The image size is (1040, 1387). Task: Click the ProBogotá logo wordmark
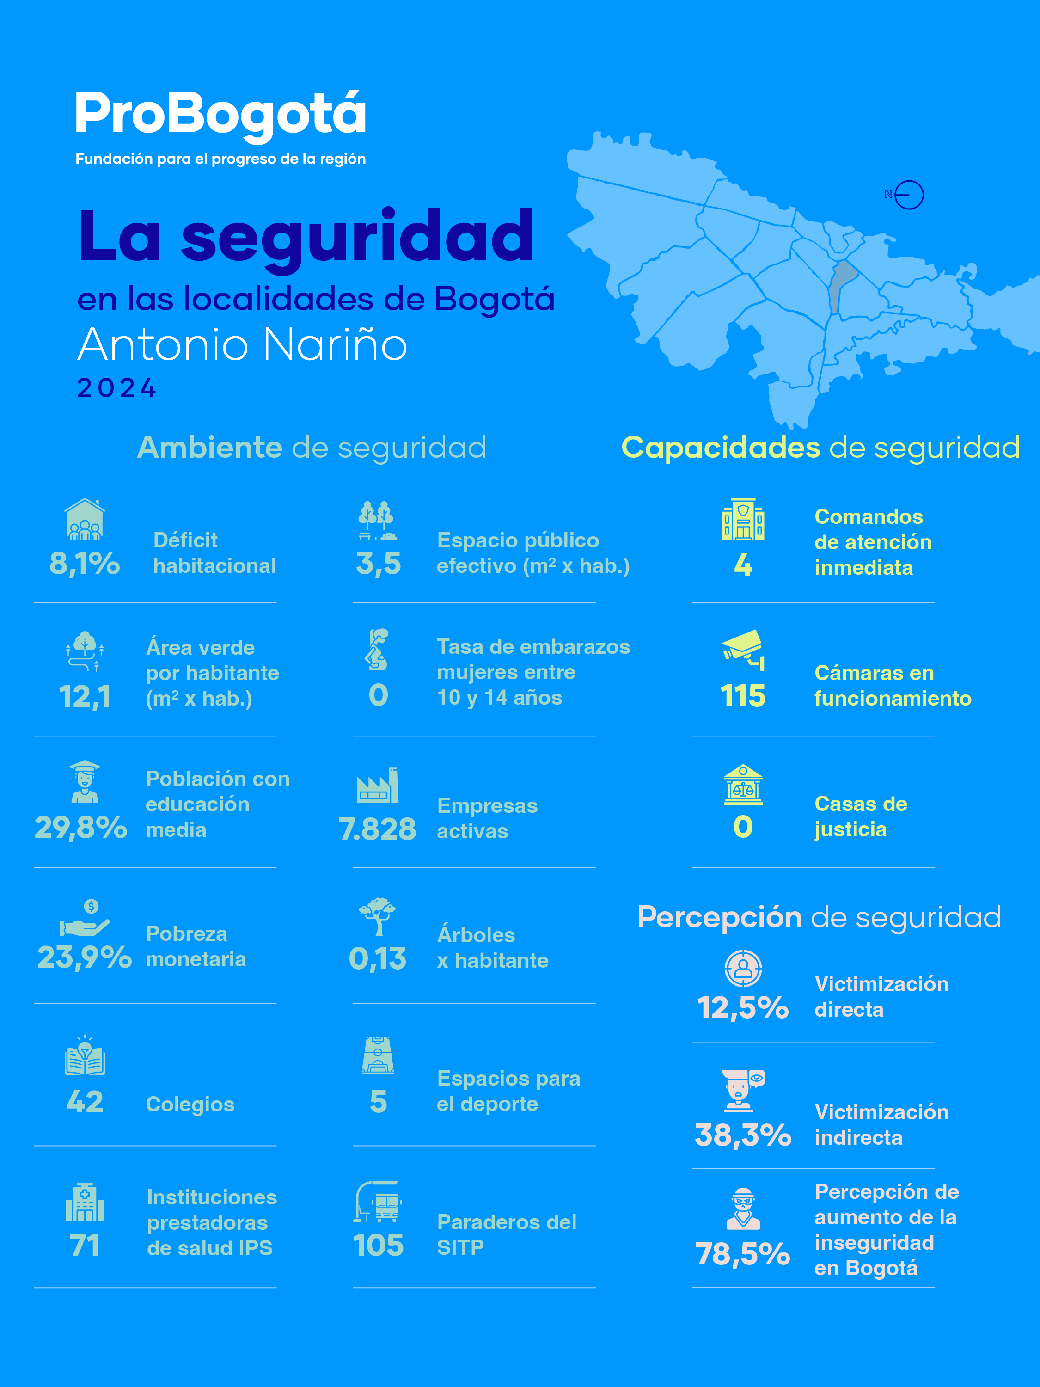pos(220,115)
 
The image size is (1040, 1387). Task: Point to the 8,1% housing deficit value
pos(85,563)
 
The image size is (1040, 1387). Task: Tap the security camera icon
pos(743,650)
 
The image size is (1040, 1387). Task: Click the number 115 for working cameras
pos(743,696)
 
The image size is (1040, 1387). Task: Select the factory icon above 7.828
pos(378,786)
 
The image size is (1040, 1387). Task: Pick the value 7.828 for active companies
pos(377,829)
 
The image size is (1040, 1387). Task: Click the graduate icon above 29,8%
pos(85,781)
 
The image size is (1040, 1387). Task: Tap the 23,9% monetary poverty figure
pos(85,957)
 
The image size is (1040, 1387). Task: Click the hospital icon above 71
pos(85,1203)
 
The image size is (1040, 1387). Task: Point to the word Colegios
pos(190,1104)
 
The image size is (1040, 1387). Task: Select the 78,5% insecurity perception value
pos(743,1254)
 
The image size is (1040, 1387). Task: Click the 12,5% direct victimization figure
pos(743,1007)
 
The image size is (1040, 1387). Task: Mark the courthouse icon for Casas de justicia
pos(743,785)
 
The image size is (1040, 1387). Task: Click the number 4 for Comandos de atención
pos(743,565)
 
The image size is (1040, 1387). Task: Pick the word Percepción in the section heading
pos(720,917)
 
